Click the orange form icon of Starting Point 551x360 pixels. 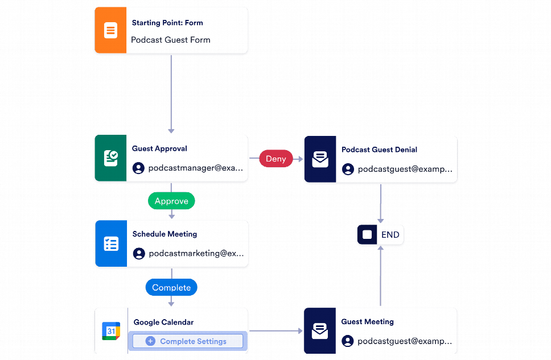point(110,31)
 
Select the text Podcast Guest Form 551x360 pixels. point(170,40)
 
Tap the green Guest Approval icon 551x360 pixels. point(110,158)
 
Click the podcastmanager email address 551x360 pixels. point(195,168)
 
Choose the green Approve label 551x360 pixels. point(171,201)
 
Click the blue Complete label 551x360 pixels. point(171,287)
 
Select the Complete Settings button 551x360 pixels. point(187,341)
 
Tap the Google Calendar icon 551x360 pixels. point(111,331)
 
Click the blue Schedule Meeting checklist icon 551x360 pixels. point(111,244)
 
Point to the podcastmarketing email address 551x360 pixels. point(196,254)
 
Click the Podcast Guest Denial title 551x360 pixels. point(379,150)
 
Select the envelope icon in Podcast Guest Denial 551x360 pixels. point(320,159)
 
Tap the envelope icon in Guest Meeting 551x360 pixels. point(320,331)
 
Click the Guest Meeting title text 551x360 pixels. point(367,321)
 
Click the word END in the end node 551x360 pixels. point(390,235)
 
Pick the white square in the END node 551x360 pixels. point(367,235)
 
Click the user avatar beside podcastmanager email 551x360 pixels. point(138,168)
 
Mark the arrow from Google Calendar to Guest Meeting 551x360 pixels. point(275,330)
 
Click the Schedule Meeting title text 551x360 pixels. point(165,234)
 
